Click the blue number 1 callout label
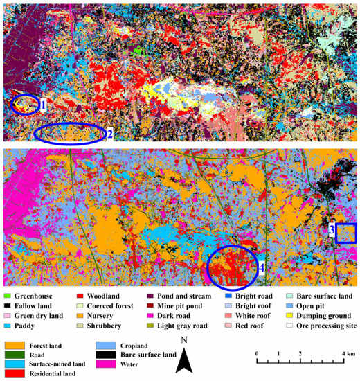click(x=43, y=105)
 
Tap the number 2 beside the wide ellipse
click(x=109, y=134)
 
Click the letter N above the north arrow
click(x=183, y=340)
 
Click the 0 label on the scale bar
click(x=257, y=353)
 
